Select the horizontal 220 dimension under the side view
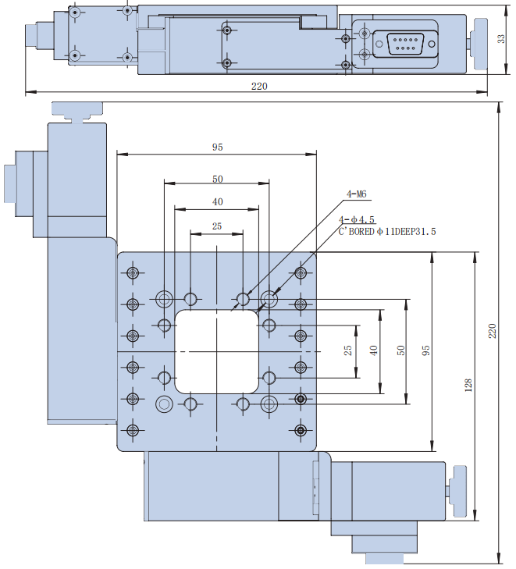click(x=259, y=86)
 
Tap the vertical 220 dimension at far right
click(x=492, y=331)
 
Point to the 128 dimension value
click(x=468, y=385)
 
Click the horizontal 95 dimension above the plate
click(x=218, y=147)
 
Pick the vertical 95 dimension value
click(x=426, y=350)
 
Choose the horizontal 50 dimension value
click(x=218, y=179)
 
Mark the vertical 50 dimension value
click(x=401, y=350)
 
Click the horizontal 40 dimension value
click(x=218, y=202)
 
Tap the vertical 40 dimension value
click(x=375, y=350)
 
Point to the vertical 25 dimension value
click(x=349, y=350)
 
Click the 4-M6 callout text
click(x=358, y=194)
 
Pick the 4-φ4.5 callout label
click(x=358, y=220)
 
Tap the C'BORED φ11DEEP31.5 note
click(x=387, y=232)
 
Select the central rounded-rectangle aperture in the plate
click(x=217, y=351)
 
